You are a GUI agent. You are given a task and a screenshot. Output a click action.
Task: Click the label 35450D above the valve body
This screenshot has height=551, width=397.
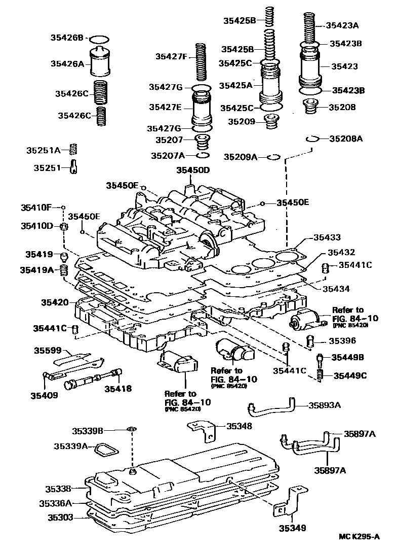click(193, 170)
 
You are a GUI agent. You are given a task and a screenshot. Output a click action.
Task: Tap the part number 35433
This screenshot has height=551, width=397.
click(327, 237)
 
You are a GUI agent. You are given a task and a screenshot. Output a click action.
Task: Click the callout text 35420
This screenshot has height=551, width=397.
click(55, 302)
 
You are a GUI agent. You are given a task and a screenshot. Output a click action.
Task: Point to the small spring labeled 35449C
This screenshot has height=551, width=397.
click(321, 375)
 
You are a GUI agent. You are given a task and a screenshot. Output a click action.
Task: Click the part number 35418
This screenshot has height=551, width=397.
click(118, 389)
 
